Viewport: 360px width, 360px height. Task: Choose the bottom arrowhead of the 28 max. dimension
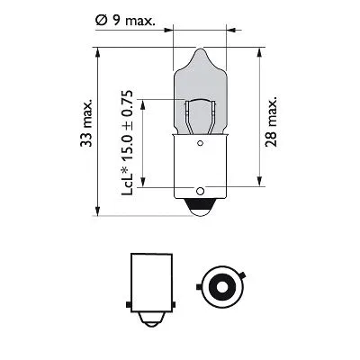pyautogui.click(x=261, y=188)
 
